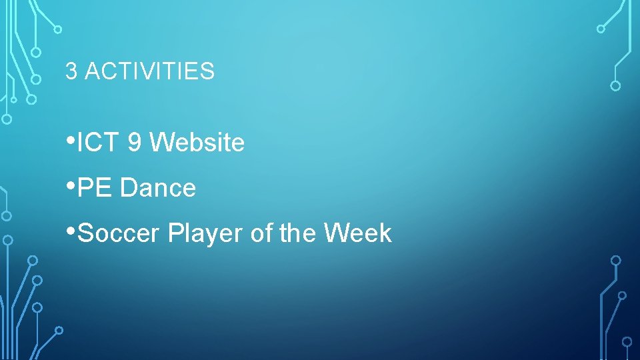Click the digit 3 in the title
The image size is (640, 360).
coord(71,71)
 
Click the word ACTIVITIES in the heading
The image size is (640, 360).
coord(149,71)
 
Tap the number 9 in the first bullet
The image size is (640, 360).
coord(134,142)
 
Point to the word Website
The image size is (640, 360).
coord(197,142)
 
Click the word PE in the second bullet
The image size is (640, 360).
coord(95,188)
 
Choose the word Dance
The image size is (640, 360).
coord(158,188)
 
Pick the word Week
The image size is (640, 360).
coord(358,233)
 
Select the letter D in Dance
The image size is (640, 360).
coord(127,188)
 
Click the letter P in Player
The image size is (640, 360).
coord(175,233)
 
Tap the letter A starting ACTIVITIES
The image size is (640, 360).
coord(91,71)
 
